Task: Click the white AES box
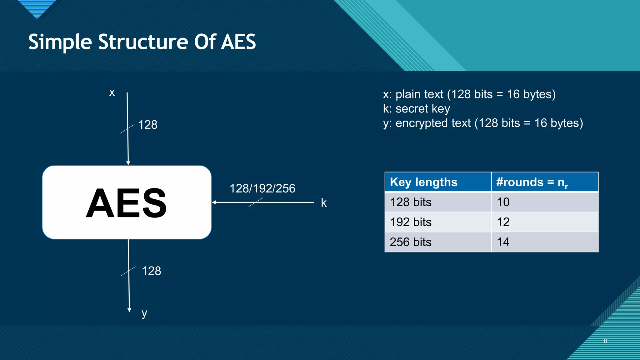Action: point(127,202)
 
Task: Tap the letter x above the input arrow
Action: point(112,92)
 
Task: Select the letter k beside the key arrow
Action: point(324,203)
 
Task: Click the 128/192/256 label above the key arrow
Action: point(262,188)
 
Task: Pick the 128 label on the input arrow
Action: point(147,125)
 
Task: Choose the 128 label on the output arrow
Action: point(151,271)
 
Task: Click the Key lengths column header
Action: point(423,182)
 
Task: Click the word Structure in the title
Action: point(142,42)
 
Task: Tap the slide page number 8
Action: point(605,341)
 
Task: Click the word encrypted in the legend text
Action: point(433,123)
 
